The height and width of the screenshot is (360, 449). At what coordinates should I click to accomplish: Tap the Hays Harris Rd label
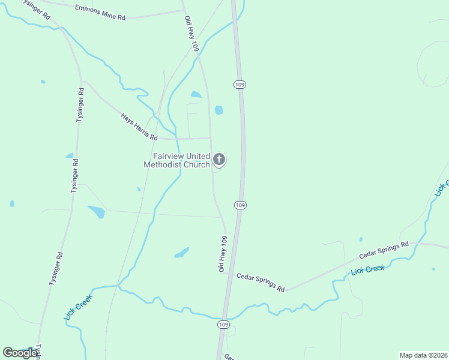(x=134, y=127)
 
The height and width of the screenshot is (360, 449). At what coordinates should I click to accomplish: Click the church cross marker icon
(x=219, y=160)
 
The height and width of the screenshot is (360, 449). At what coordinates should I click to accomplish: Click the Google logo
(x=20, y=353)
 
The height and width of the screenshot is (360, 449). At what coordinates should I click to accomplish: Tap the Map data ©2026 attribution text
(x=423, y=355)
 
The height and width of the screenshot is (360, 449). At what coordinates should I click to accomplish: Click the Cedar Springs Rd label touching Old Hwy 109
(x=261, y=283)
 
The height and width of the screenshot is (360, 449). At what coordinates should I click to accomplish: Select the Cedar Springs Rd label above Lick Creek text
(x=384, y=250)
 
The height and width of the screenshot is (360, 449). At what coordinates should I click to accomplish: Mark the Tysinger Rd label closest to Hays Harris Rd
(x=80, y=105)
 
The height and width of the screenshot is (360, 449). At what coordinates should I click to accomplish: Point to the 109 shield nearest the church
(x=240, y=205)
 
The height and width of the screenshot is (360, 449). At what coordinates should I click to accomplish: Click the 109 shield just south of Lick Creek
(x=223, y=325)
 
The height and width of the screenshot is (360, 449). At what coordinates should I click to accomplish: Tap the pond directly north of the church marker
(x=218, y=110)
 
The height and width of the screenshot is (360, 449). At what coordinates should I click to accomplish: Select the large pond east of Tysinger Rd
(x=96, y=212)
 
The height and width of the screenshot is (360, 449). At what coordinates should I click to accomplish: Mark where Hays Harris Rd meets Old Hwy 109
(x=210, y=138)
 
